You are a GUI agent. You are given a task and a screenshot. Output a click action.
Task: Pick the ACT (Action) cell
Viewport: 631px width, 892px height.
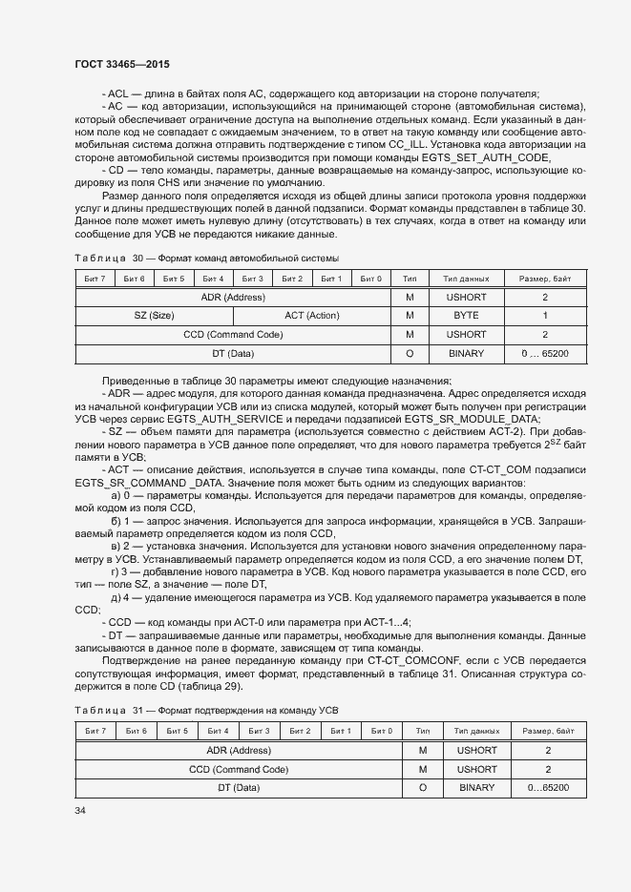tap(311, 316)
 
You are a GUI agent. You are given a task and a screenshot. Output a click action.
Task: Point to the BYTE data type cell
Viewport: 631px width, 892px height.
tap(467, 316)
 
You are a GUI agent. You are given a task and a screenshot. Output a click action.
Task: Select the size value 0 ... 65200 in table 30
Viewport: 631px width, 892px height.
tap(545, 354)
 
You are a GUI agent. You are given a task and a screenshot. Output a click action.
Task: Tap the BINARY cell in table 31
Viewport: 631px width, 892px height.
tap(476, 788)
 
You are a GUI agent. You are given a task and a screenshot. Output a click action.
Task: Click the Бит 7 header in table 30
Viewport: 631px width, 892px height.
tap(95, 279)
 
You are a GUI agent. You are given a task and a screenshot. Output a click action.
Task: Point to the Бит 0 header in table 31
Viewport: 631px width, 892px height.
tap(382, 731)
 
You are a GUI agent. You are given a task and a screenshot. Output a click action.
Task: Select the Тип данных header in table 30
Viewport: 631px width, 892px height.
tap(467, 279)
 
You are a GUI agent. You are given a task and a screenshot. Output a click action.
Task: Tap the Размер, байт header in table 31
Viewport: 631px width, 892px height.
tap(548, 731)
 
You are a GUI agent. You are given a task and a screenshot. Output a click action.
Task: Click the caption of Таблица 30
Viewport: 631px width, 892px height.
tap(206, 259)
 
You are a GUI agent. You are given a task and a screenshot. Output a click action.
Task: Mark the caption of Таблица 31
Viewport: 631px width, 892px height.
tap(206, 711)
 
